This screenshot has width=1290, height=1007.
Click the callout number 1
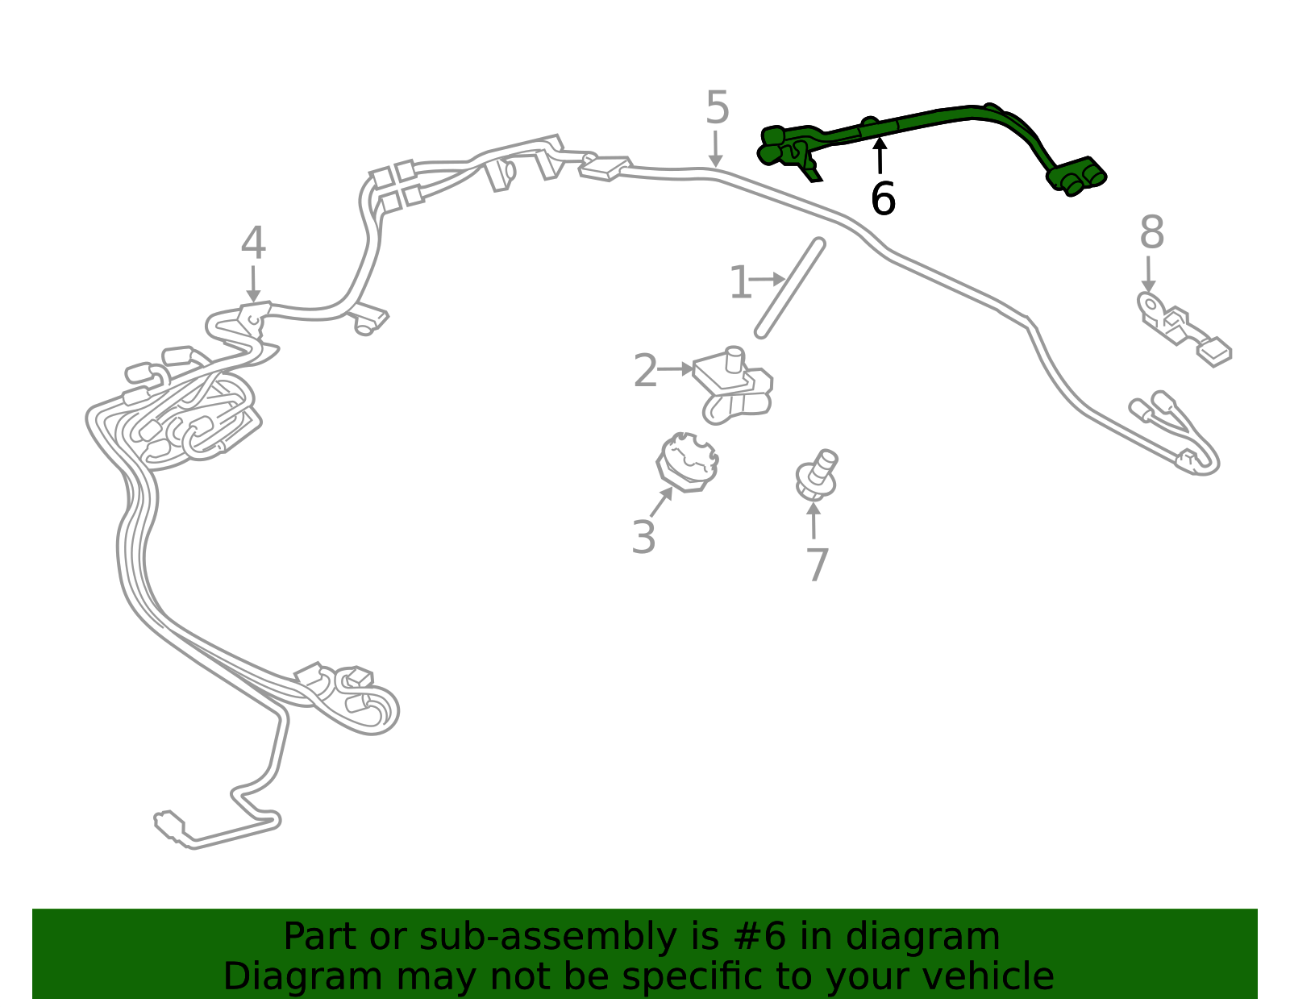[x=740, y=282]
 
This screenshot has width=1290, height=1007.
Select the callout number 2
[x=645, y=370]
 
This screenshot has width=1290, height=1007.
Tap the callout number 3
[x=643, y=537]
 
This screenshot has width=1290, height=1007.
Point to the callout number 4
[x=253, y=243]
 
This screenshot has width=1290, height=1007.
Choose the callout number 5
[x=717, y=107]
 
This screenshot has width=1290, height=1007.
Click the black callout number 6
[x=883, y=198]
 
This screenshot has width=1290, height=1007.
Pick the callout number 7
[x=817, y=564]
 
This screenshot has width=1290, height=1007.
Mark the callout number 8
[x=1151, y=232]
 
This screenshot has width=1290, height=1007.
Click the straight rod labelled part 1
[x=790, y=289]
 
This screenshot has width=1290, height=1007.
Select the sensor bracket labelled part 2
[x=734, y=385]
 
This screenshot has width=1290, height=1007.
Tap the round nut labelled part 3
[x=688, y=462]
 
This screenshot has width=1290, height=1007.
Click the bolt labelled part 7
[x=817, y=476]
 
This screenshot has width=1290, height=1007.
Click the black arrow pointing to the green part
[x=880, y=156]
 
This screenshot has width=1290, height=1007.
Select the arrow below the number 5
[x=716, y=149]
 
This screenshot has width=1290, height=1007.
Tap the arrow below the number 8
[x=1148, y=275]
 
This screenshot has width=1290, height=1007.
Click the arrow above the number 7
[x=814, y=520]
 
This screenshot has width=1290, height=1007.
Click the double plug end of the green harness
[x=1076, y=177]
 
